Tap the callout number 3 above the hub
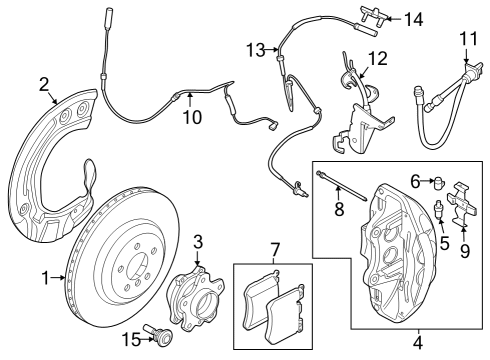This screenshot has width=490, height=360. (x=198, y=241)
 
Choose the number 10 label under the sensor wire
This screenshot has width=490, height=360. (x=190, y=117)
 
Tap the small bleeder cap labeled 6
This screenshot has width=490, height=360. (x=439, y=180)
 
